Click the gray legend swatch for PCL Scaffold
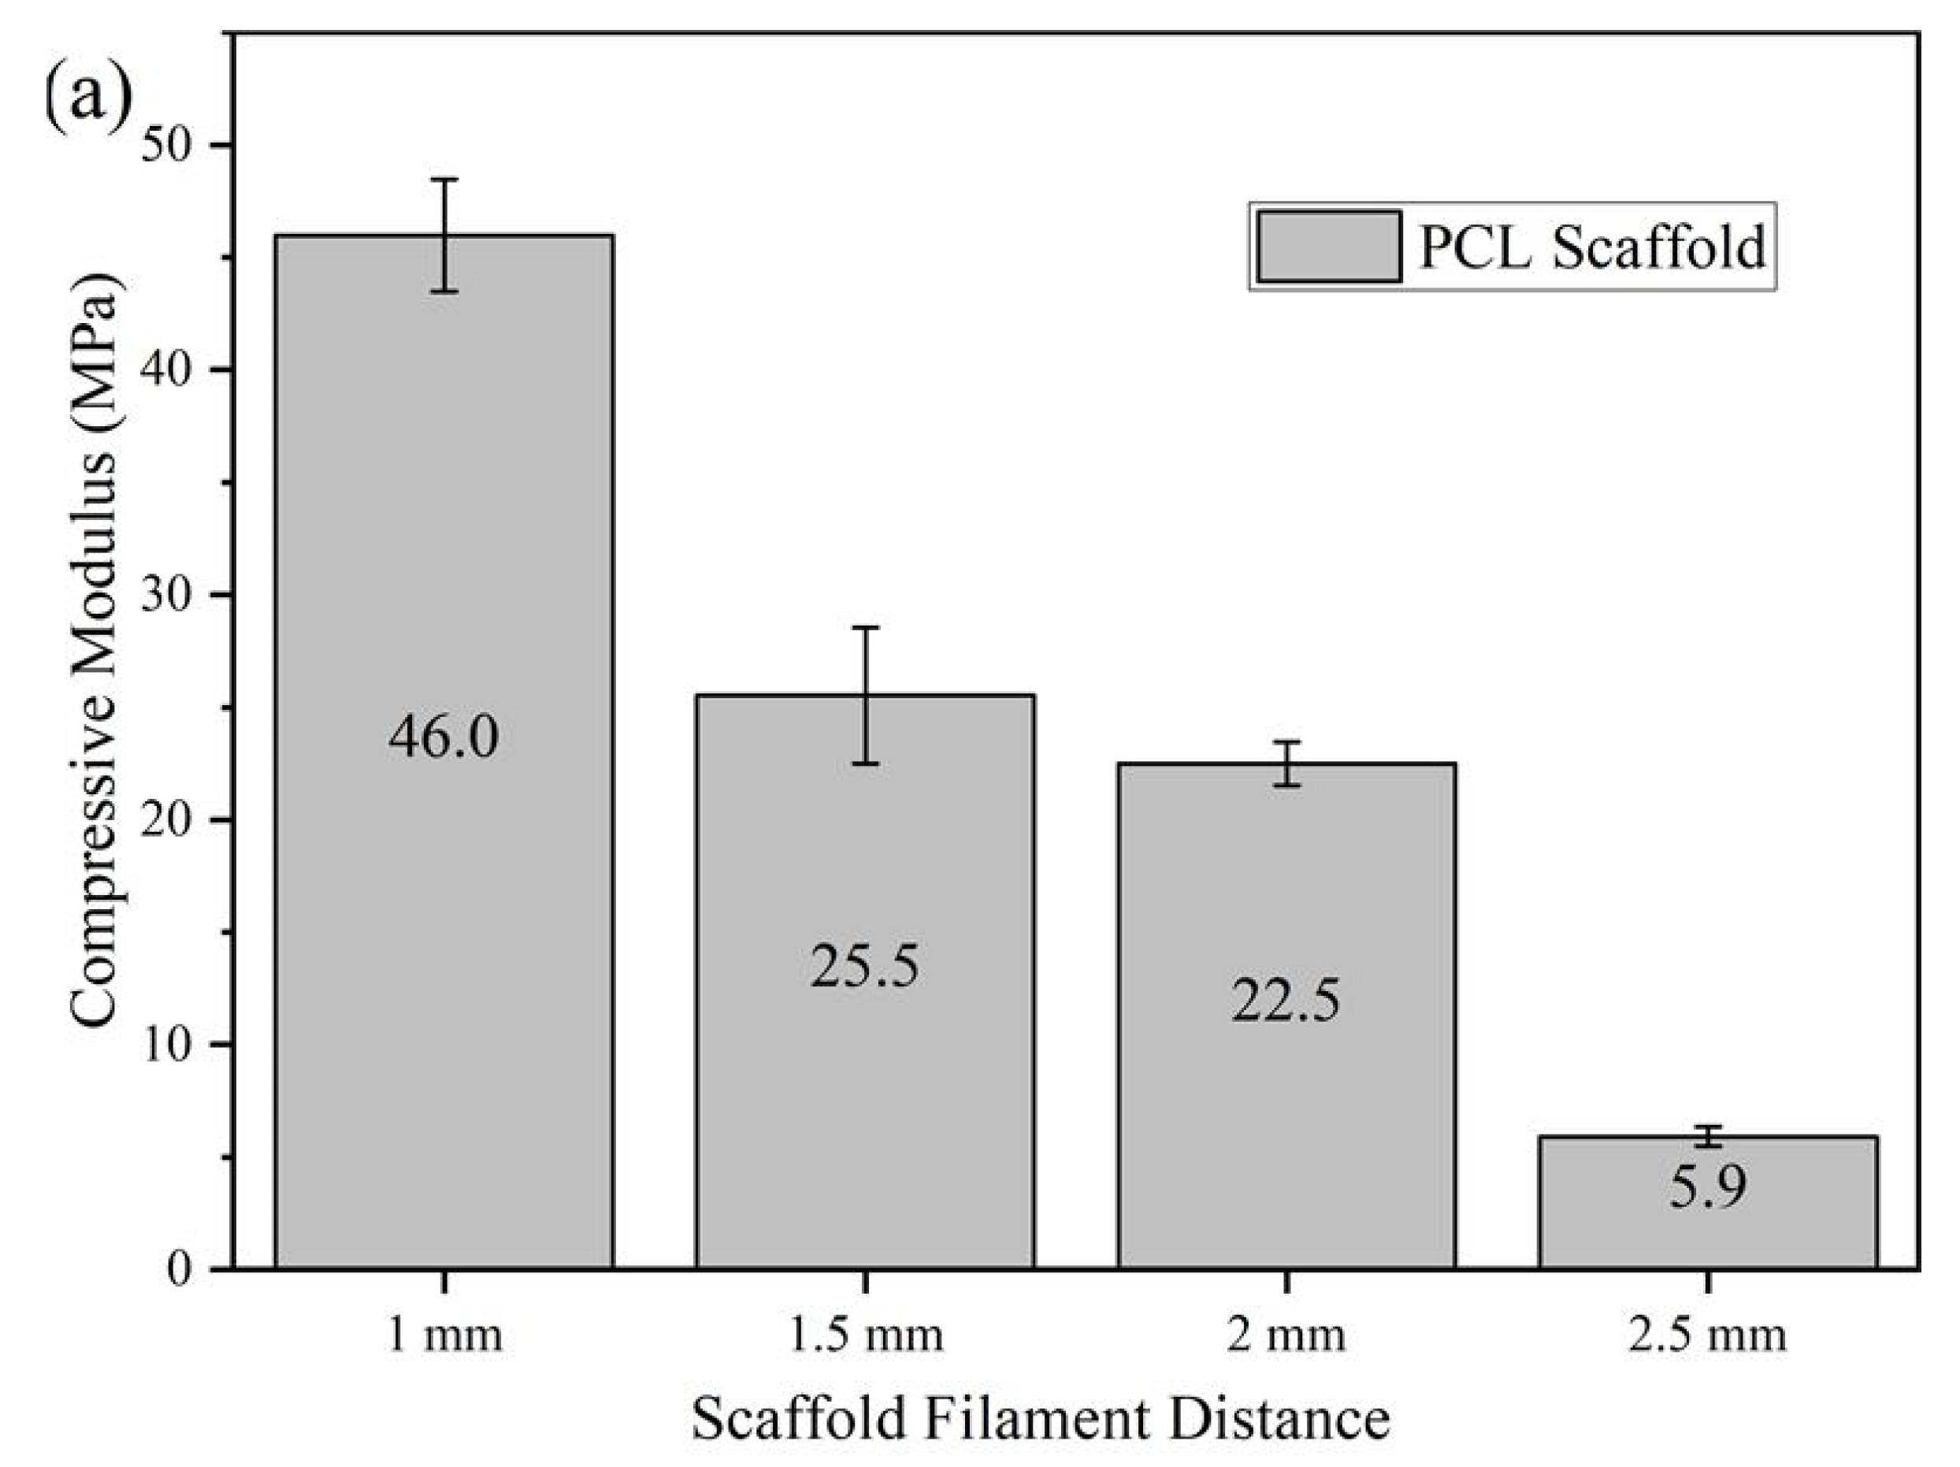tap(1328, 247)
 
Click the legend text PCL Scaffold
tap(1591, 247)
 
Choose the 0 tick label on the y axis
tap(183, 1269)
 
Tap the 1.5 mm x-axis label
tap(865, 1335)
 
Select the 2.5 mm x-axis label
tap(1707, 1335)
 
